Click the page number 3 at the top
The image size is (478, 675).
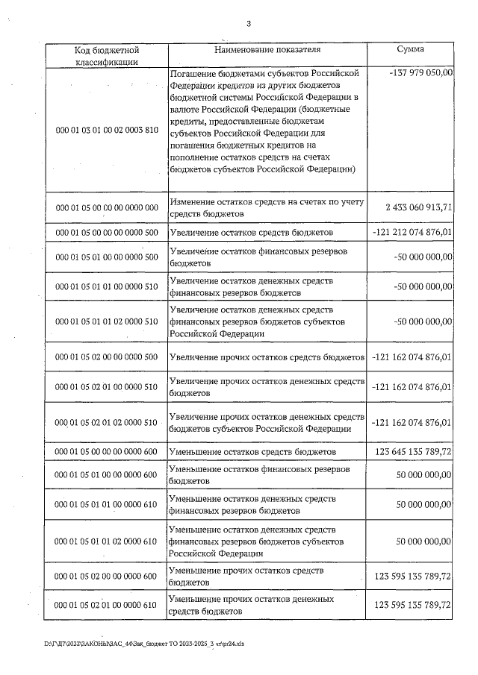247,23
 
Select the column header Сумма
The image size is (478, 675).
411,49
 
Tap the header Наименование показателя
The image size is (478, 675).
267,50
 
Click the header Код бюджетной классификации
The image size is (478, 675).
108,56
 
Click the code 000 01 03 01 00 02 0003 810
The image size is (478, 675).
108,130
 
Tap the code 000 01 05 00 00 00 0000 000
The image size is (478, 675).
108,207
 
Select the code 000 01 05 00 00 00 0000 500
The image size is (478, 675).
108,233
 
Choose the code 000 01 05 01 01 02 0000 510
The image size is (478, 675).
108,321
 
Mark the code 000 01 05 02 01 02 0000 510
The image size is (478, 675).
108,422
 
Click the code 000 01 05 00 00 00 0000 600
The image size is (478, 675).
108,452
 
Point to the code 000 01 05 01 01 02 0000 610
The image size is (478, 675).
108,541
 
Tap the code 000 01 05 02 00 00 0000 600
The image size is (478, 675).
108,576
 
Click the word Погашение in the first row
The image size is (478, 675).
194,73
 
